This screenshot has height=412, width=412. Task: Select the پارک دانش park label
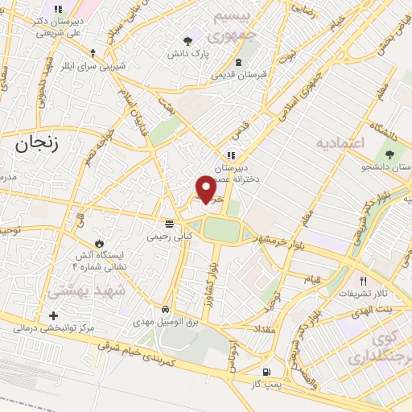tap(187, 53)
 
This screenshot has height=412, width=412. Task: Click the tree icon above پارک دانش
tap(187, 40)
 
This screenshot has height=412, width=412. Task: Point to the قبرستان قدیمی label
tap(239, 75)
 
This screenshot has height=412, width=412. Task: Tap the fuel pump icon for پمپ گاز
tap(266, 373)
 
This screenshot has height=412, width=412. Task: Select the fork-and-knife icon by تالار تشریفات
tap(363, 281)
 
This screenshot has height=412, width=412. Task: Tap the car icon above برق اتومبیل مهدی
tap(165, 309)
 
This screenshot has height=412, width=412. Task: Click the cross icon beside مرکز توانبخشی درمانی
tap(54, 315)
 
